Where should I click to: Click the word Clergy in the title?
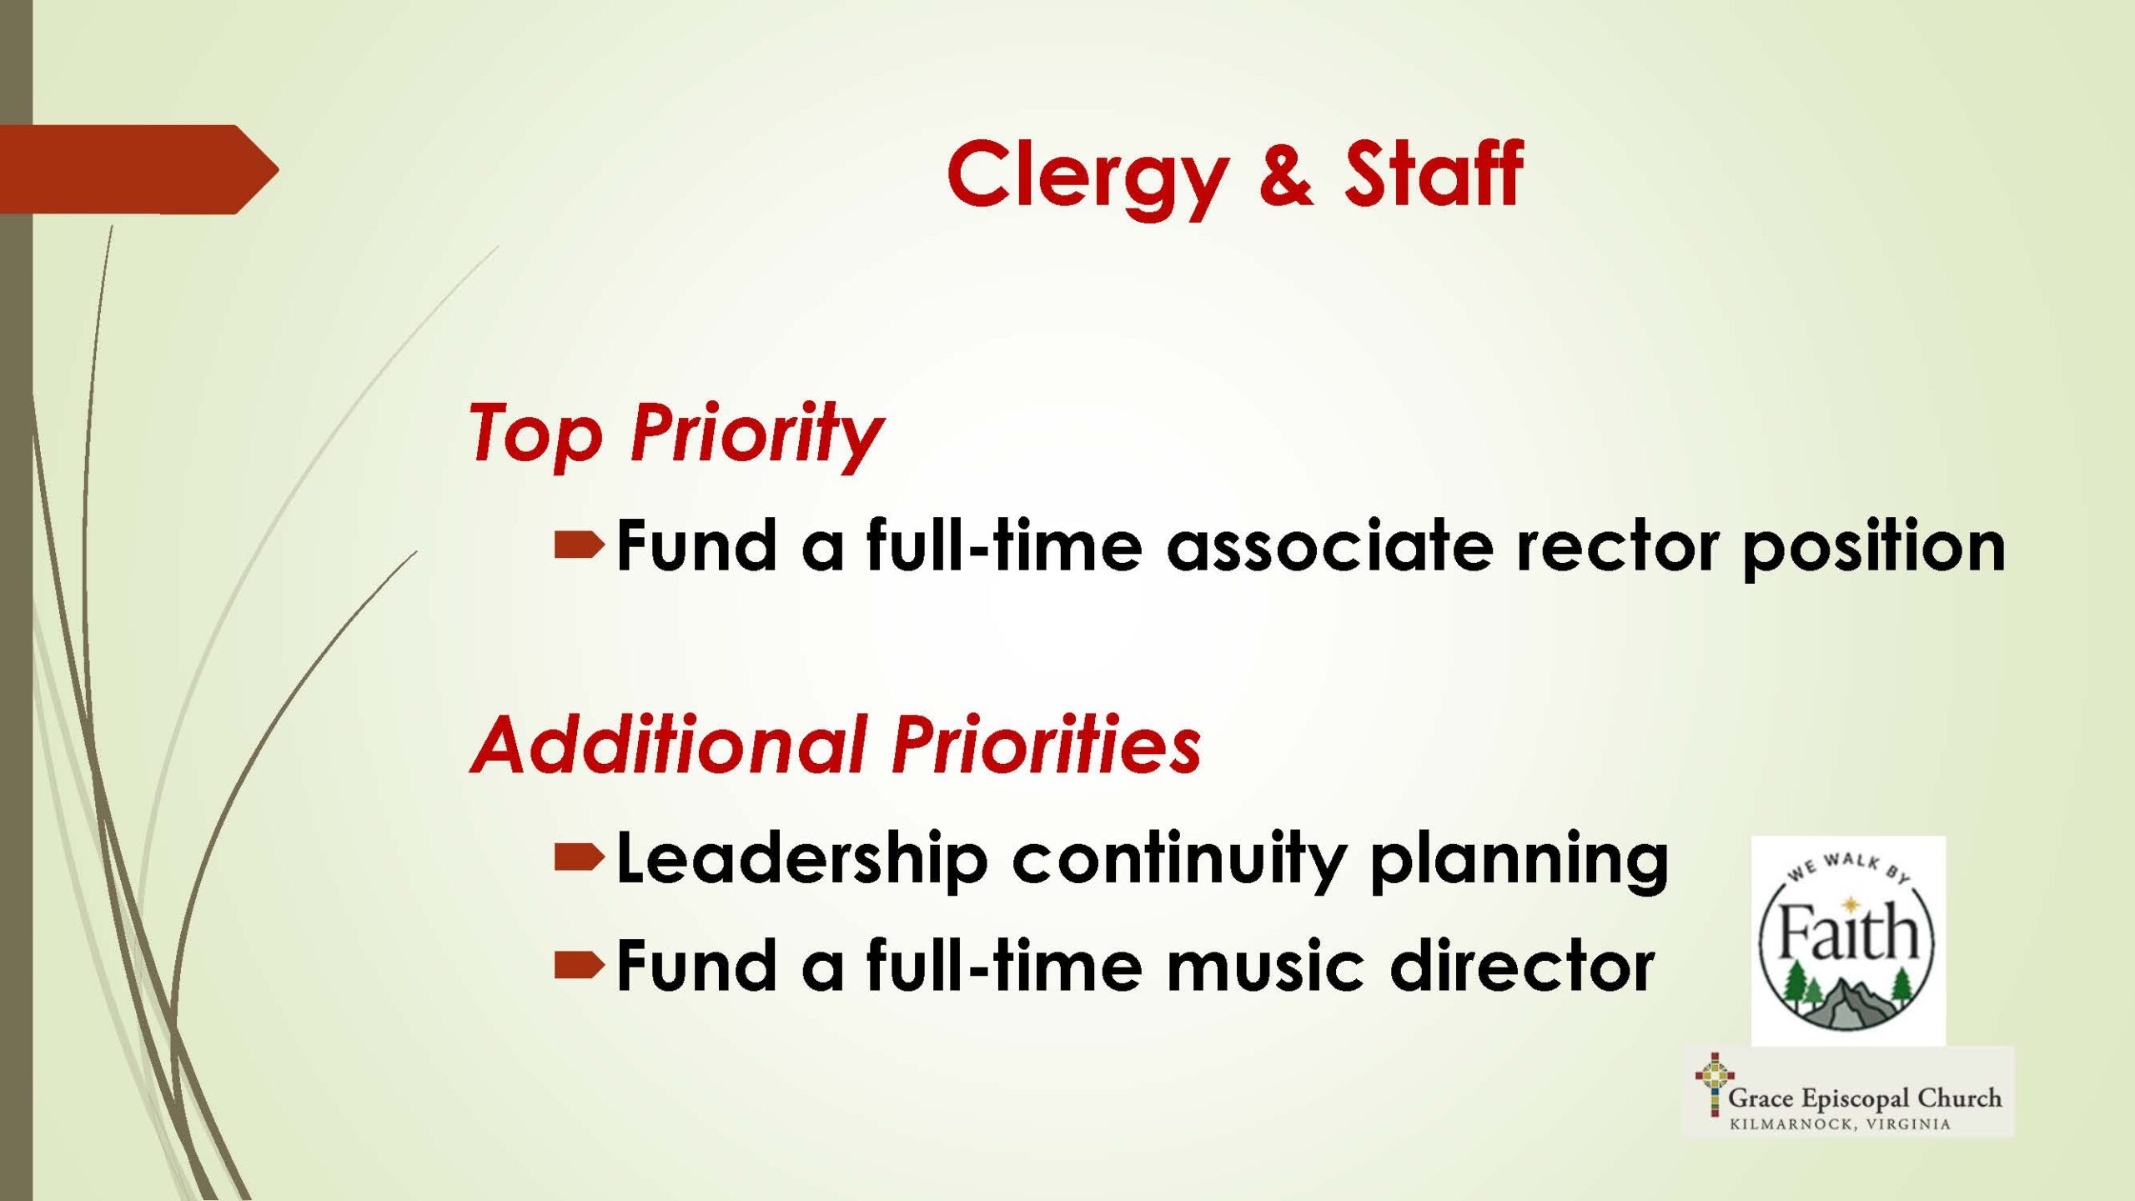[1088, 178]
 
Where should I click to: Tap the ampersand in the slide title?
[1286, 173]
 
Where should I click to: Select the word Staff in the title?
[1434, 173]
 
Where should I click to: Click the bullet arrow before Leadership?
[579, 857]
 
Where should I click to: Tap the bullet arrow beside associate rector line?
[579, 545]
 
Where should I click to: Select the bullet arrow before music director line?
[579, 965]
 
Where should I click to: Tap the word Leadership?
[802, 858]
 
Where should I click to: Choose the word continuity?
[1179, 860]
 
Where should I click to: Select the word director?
[1523, 964]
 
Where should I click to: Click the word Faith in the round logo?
[1848, 932]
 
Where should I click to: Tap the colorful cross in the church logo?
[1714, 1085]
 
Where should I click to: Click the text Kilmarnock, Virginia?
[1840, 1124]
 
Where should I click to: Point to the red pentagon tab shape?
[139, 169]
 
